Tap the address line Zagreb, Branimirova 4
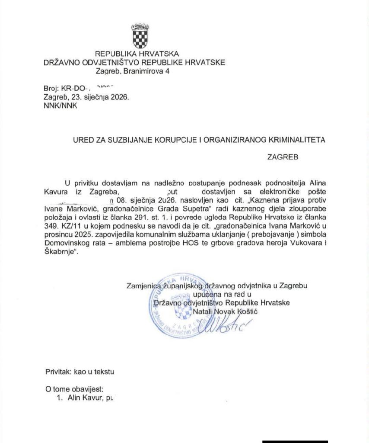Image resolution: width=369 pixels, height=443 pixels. [133, 71]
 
